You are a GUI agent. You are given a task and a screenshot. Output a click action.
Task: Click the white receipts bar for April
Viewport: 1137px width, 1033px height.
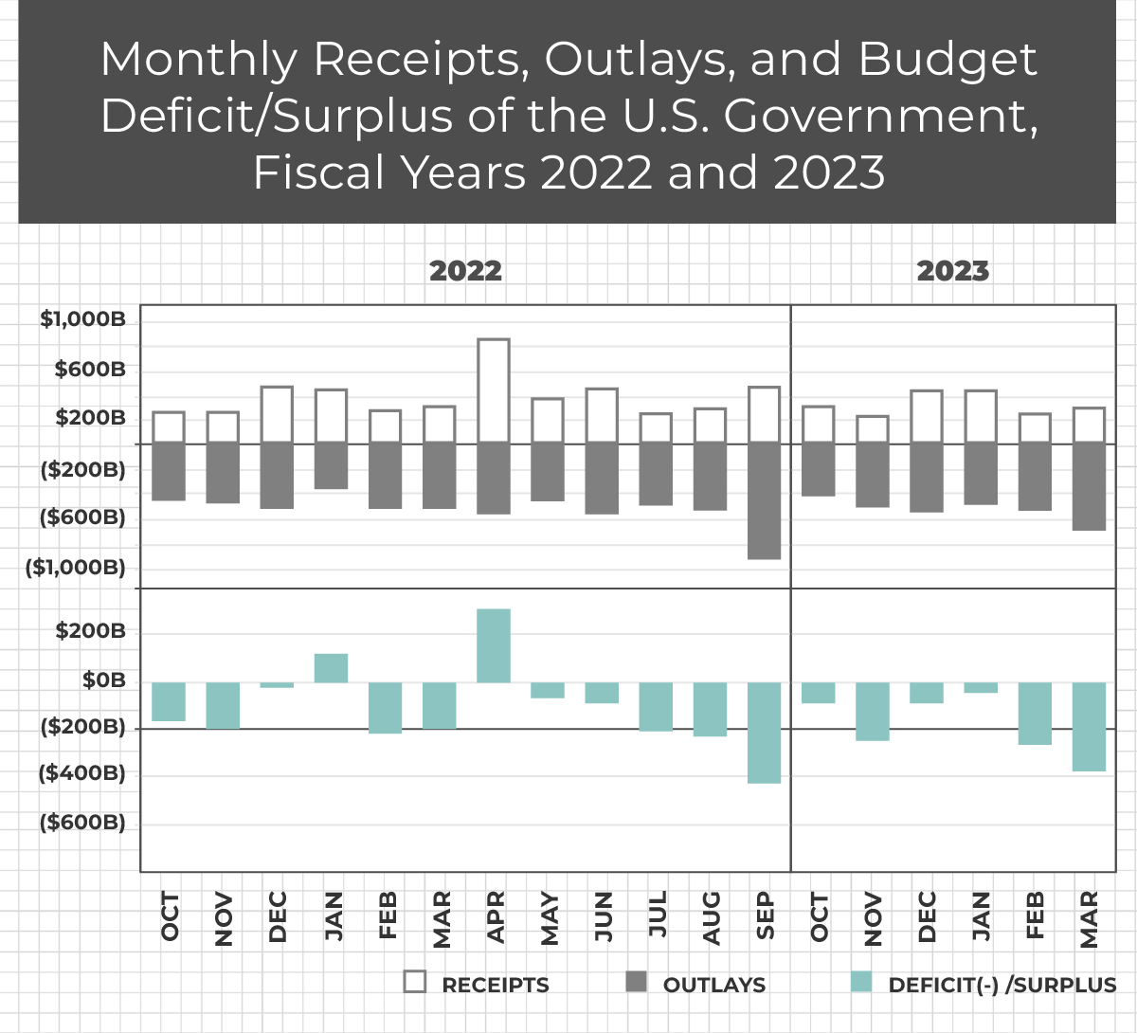(494, 390)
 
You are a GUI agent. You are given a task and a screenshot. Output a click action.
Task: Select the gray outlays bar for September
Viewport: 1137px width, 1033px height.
(765, 500)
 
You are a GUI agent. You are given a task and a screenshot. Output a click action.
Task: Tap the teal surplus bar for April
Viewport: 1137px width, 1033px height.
(494, 645)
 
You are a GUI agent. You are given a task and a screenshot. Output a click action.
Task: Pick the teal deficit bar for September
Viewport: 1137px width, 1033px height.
(765, 733)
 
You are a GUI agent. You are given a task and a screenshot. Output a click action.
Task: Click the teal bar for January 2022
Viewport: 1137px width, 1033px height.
(331, 668)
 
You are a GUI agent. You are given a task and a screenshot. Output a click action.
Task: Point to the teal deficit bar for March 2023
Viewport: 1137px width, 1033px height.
(1090, 727)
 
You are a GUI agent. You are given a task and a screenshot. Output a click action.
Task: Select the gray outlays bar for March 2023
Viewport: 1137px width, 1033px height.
(1090, 486)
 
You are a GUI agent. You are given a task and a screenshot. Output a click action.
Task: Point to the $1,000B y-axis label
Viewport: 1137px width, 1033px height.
(82, 319)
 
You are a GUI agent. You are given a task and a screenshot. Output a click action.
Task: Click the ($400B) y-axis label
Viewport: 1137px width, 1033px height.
(81, 773)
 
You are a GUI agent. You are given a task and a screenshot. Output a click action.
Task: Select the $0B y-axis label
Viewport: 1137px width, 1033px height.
(104, 680)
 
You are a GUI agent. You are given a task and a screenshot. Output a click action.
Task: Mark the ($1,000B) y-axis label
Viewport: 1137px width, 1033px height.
(76, 568)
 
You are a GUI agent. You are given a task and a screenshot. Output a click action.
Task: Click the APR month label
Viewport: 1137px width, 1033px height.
(495, 917)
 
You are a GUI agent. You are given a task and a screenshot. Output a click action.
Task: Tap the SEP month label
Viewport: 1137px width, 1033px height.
(765, 916)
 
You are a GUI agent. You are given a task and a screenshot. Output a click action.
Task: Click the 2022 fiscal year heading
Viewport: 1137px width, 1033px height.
(465, 271)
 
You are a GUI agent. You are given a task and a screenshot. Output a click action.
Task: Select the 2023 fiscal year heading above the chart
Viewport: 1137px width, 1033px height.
(953, 271)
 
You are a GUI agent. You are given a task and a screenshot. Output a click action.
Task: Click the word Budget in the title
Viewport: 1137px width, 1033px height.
(947, 59)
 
